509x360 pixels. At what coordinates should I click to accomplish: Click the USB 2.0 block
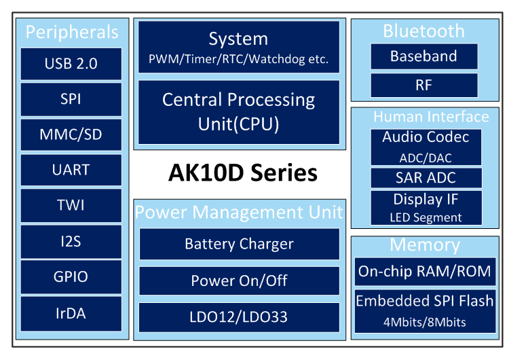(71, 64)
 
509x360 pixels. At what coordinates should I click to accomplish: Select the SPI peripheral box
(71, 99)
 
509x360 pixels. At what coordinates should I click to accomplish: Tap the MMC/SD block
(71, 134)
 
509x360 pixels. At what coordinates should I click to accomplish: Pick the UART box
(71, 170)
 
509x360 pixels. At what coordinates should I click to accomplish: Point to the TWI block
(71, 205)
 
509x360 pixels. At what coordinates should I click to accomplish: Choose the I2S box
(71, 241)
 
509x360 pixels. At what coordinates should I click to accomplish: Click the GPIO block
(71, 277)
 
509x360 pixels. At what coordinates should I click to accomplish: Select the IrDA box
(71, 314)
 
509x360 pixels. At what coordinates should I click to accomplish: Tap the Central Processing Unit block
(239, 112)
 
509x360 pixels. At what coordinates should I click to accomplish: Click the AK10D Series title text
(243, 173)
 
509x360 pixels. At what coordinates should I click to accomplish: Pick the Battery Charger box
(240, 244)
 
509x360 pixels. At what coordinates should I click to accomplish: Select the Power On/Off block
(240, 281)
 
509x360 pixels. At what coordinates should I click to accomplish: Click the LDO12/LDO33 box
(239, 317)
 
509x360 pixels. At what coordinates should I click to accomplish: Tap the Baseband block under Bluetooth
(424, 56)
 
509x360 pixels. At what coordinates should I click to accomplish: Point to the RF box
(424, 85)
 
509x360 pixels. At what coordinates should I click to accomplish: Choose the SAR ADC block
(426, 178)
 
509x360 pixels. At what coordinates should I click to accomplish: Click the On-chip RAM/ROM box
(425, 271)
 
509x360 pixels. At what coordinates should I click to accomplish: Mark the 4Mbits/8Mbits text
(425, 323)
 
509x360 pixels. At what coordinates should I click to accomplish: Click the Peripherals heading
(72, 32)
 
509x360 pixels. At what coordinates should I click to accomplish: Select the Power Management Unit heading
(239, 212)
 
